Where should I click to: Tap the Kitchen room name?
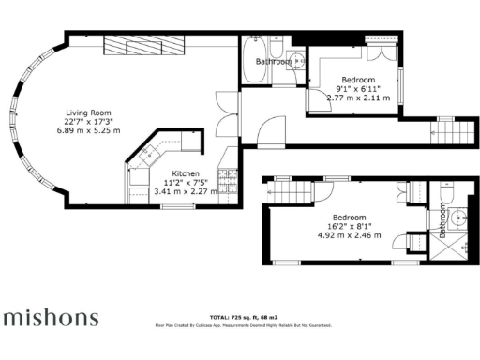[x=184, y=173]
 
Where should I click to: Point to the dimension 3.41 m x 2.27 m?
[x=185, y=193]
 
